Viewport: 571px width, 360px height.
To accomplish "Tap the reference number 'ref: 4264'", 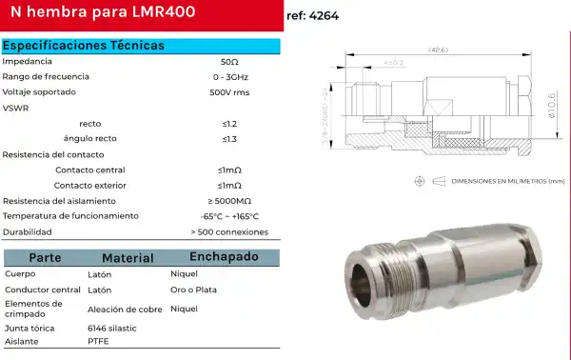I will [x=312, y=16].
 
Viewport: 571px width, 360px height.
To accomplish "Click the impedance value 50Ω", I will [x=229, y=61].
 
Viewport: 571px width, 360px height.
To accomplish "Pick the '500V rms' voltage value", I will [x=229, y=92].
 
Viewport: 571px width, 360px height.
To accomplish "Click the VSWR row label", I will [x=16, y=108].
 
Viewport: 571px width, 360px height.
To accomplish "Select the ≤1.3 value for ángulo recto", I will [x=229, y=139].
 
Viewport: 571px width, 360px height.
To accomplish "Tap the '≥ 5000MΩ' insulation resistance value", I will [x=229, y=201].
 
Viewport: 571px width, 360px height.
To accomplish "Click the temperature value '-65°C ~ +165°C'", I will [x=229, y=216].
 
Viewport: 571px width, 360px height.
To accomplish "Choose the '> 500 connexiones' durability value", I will [x=229, y=231].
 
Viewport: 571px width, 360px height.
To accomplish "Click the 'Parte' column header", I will [x=45, y=258].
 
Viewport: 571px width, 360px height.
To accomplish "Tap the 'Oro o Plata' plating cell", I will [x=193, y=290].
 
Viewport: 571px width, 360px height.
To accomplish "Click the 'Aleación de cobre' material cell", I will [x=125, y=310].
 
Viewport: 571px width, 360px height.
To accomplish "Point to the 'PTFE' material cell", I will [x=98, y=340].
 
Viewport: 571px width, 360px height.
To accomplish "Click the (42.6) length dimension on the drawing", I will [x=438, y=50].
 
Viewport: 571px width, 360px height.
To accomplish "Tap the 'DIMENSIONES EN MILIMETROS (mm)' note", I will [x=507, y=180].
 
